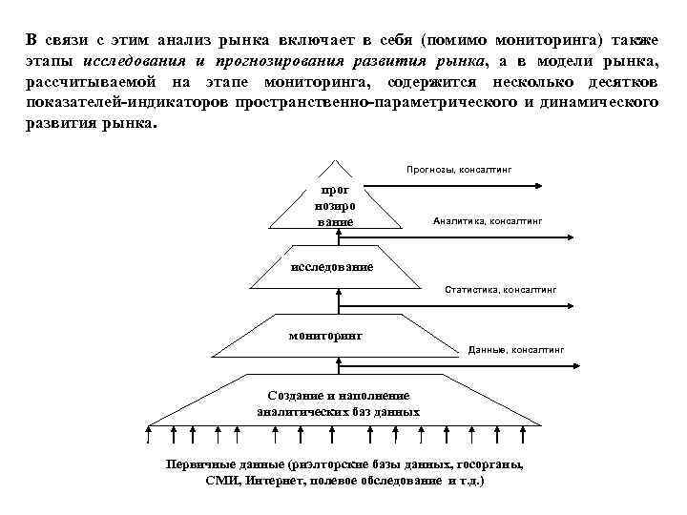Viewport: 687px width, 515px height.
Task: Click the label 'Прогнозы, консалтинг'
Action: click(x=459, y=169)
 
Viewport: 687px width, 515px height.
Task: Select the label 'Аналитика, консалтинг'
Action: click(x=487, y=220)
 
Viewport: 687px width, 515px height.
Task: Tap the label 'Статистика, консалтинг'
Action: click(x=501, y=289)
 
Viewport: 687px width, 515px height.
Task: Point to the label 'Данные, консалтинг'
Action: click(x=516, y=350)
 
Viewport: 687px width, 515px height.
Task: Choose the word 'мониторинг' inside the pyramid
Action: click(x=325, y=336)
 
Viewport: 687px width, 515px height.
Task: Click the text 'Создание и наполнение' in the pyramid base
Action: click(x=338, y=396)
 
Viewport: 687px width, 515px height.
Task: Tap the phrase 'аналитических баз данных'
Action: click(x=338, y=413)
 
